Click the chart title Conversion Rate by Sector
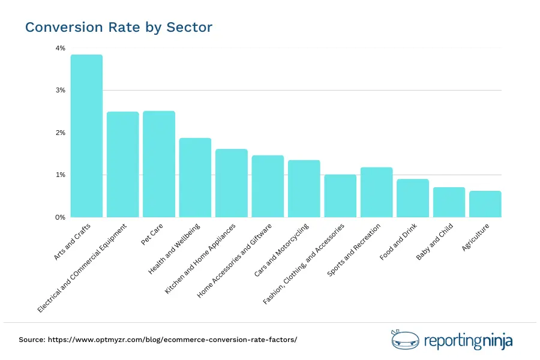[x=118, y=28]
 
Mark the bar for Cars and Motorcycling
[x=304, y=188]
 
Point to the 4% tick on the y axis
[x=61, y=48]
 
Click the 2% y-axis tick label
[x=61, y=133]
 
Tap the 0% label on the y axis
[x=61, y=217]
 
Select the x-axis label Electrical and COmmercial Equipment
[x=83, y=268]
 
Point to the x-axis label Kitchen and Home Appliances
[x=200, y=259]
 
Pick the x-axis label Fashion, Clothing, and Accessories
[x=304, y=264]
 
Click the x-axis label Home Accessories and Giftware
[x=235, y=260]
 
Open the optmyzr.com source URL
[x=174, y=340]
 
